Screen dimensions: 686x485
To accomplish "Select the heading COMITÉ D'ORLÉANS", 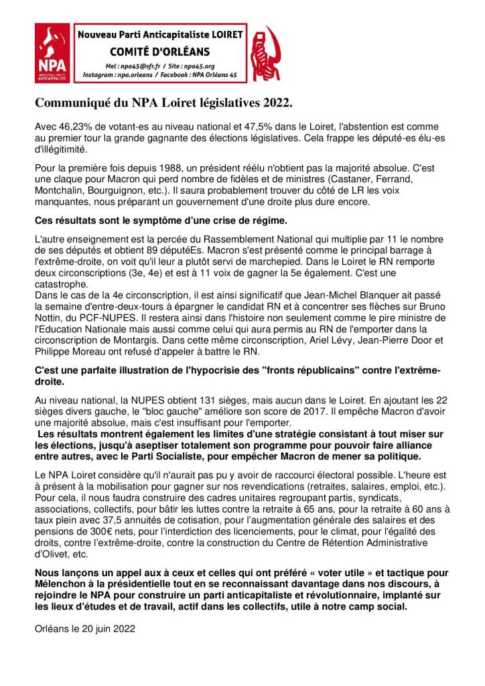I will click(x=159, y=52).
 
